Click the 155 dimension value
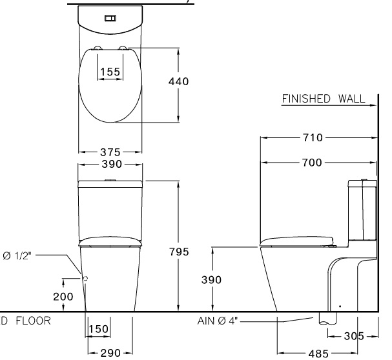[x=110, y=72]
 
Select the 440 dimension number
[x=178, y=82]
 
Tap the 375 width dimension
[x=110, y=152]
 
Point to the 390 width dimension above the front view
[x=110, y=165]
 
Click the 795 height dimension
[x=178, y=252]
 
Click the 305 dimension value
[x=351, y=336]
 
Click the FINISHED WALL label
[x=323, y=99]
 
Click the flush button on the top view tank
[x=110, y=18]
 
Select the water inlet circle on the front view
[x=85, y=278]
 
